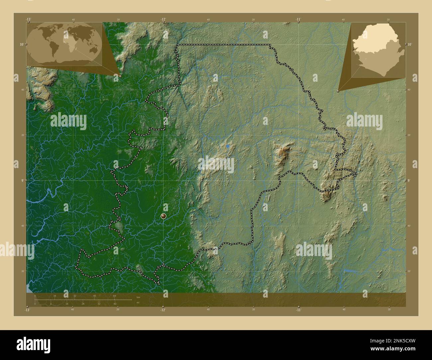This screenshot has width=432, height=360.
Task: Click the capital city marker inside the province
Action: [x=163, y=216]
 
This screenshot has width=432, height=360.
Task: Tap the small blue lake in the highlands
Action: [x=228, y=146]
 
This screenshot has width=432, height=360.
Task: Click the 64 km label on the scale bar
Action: [x=114, y=296]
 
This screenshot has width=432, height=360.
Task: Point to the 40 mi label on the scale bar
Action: [x=115, y=304]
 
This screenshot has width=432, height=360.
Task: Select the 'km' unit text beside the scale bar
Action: [x=138, y=297]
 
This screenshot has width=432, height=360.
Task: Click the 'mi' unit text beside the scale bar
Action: [x=138, y=303]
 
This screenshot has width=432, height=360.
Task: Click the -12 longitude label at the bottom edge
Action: [x=162, y=310]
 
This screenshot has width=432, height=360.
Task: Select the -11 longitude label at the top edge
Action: [x=298, y=19]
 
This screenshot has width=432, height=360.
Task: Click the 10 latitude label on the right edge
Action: [x=409, y=44]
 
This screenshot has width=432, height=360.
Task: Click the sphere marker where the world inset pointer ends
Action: [x=120, y=76]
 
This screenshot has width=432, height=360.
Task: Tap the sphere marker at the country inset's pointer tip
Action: [x=338, y=90]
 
